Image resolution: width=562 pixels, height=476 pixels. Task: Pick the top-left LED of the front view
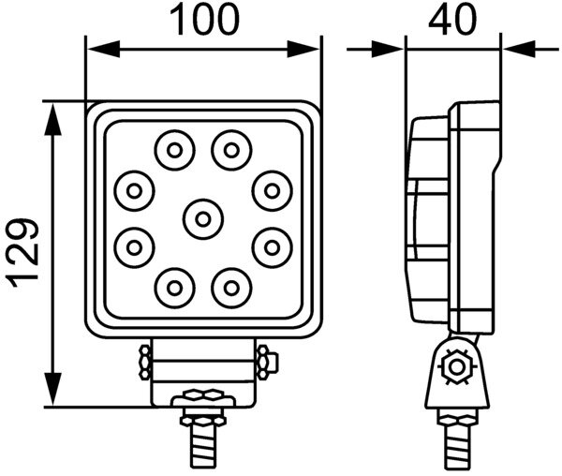tap(174, 148)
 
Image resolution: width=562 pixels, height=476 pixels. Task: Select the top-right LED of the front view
tap(229, 148)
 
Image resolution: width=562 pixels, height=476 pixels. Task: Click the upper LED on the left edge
tap(134, 191)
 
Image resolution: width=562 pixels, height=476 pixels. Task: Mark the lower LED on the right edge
tap(271, 247)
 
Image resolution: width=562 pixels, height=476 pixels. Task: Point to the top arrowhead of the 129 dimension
tap(54, 113)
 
